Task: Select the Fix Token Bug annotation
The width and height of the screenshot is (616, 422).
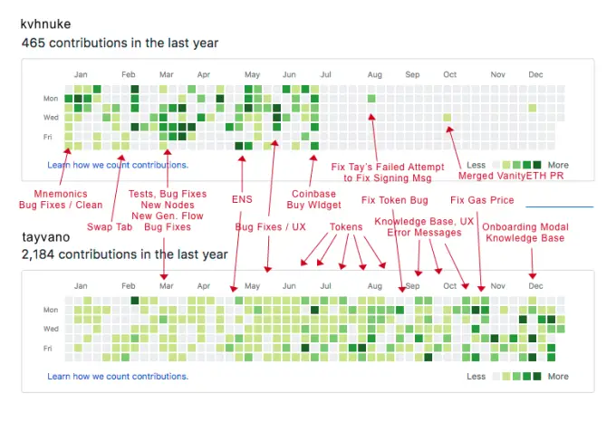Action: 394,200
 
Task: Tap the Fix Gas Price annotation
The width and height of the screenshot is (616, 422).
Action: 481,200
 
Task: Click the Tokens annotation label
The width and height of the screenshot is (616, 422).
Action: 345,226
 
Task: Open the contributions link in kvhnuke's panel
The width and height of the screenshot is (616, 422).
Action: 118,165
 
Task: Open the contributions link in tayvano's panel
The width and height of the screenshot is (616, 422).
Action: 118,376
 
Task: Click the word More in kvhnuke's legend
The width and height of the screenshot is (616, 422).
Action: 558,166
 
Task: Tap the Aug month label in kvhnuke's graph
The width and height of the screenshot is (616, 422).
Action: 375,74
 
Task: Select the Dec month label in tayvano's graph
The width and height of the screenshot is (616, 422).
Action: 535,286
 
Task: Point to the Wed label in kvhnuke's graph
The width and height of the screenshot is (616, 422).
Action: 52,117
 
